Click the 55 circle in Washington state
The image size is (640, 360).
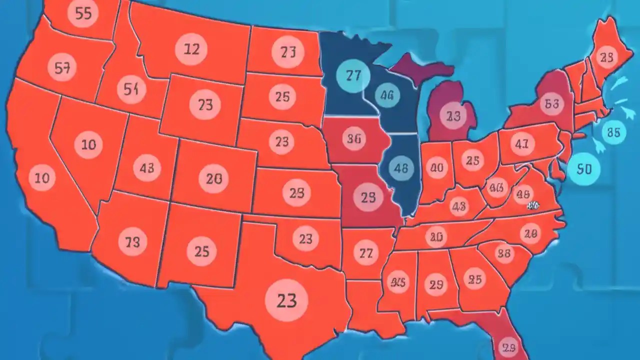pos(82,14)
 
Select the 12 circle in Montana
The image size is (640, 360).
pos(191,49)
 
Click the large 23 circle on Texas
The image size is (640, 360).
pos(286,300)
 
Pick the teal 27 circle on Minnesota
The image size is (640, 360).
pos(353,75)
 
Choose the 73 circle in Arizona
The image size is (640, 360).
pos(132,242)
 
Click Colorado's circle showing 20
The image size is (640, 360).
pos(213,178)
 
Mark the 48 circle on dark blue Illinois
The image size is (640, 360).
pos(401,168)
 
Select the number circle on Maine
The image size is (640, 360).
pos(606,58)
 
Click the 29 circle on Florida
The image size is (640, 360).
pos(508,347)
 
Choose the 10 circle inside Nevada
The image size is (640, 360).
pos(88,145)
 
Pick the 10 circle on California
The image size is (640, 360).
pos(42,177)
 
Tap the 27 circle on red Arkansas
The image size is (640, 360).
pos(366,253)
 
